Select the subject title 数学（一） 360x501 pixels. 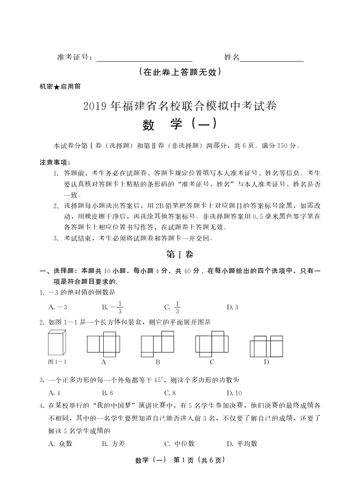click(180, 124)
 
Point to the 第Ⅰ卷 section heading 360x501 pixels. click(180, 254)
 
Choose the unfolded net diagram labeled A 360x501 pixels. click(103, 344)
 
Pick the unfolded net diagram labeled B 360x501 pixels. click(158, 344)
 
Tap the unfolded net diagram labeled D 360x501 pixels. click(266, 346)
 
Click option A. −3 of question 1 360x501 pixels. click(58, 307)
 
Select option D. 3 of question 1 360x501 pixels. click(232, 307)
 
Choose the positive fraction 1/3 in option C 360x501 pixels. click(177, 308)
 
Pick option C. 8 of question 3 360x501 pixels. click(170, 393)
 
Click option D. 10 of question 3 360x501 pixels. click(234, 393)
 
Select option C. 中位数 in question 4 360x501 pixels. click(180, 444)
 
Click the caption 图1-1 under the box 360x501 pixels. click(57, 362)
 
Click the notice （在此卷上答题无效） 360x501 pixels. click(180, 72)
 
